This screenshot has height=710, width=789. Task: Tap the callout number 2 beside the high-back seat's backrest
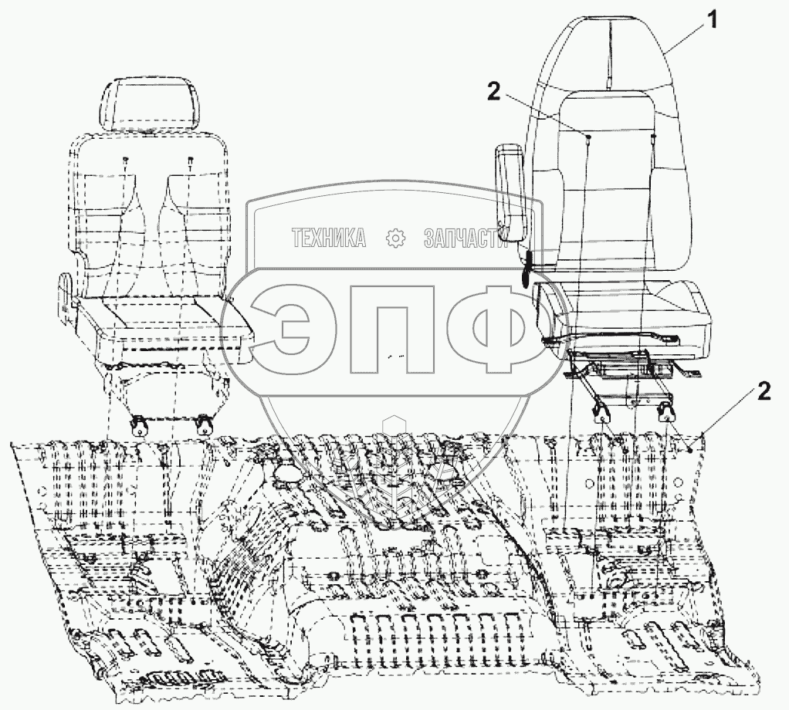point(494,92)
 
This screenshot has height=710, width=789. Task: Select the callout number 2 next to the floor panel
point(763,392)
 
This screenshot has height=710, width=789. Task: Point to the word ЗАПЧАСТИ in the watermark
point(464,239)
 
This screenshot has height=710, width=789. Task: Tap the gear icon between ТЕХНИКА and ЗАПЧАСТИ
point(395,239)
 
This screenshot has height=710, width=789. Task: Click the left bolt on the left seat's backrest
point(125,160)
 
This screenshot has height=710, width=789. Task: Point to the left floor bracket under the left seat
point(140,425)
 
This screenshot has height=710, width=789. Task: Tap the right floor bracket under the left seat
point(205,425)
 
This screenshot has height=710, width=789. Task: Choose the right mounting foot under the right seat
point(665,413)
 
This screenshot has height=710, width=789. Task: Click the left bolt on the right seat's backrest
point(588,137)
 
